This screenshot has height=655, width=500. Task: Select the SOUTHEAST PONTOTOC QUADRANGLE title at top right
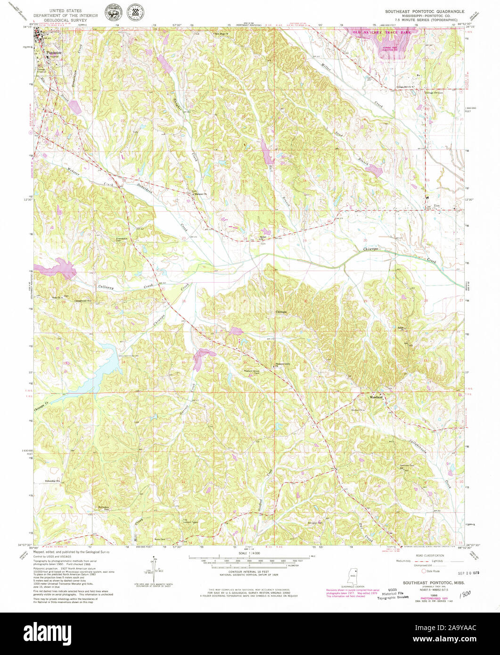click(x=426, y=11)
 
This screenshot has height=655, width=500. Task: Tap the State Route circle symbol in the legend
click(x=423, y=570)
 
